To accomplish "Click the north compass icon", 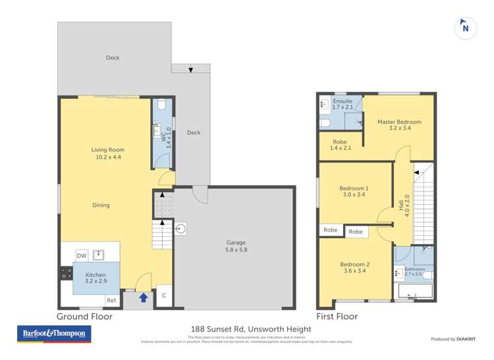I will pos(466,28).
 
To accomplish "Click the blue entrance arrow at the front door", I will pos(143,298).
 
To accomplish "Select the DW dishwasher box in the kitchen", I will pos(82,255).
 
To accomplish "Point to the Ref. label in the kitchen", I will pos(111,301).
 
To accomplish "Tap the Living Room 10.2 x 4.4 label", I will pos(107,154).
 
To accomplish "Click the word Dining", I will pos(101,205).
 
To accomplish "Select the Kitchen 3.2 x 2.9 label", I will pos(96,278).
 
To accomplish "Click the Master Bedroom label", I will pos(399,125).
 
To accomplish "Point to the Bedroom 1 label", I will pos(354,192).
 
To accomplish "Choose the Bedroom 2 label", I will pos(354,268).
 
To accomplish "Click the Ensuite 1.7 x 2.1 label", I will pos(343,104).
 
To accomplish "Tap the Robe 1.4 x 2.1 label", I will pos(340,145).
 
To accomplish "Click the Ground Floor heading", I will pos(85,317).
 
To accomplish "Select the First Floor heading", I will pos(337,317).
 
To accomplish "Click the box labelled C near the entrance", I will pos(164,296).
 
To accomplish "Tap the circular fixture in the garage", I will pos(182,229).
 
